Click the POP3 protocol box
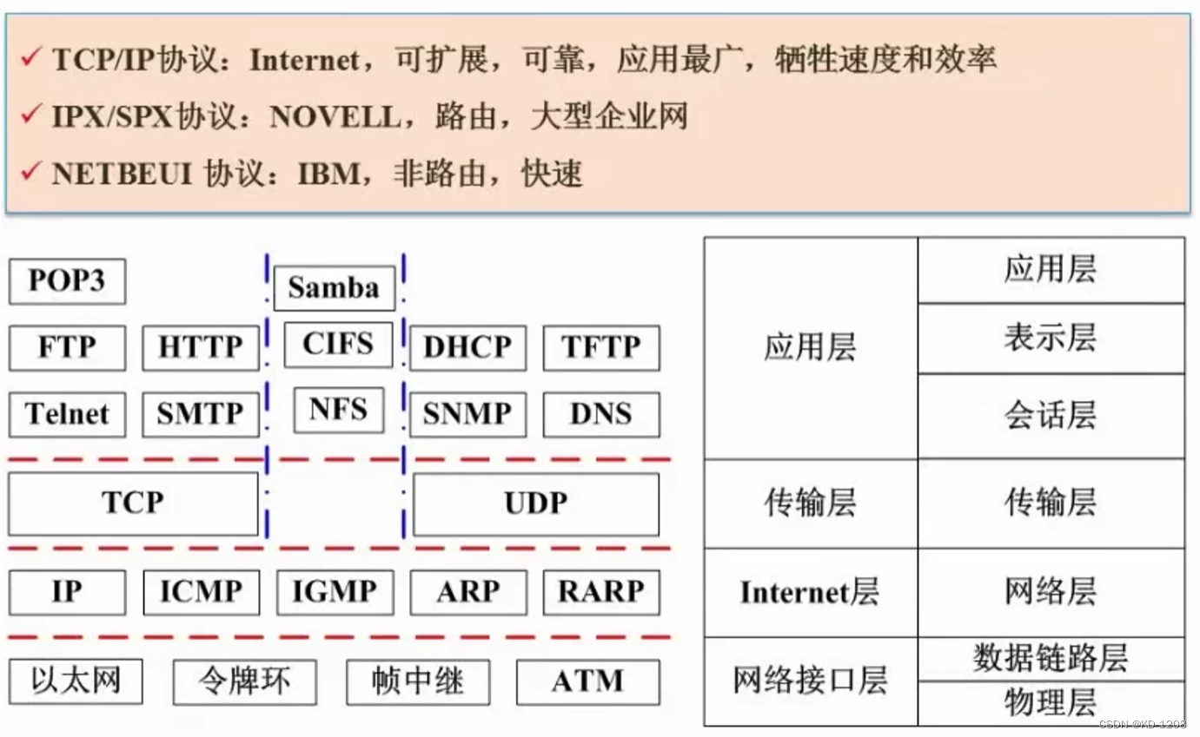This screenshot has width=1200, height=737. [x=67, y=281]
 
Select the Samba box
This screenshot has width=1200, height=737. [x=334, y=288]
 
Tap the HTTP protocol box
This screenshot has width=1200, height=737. [x=200, y=347]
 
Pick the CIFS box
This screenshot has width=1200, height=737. [x=338, y=344]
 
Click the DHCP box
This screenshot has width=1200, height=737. [x=467, y=347]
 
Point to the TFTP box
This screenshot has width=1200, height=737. [x=600, y=347]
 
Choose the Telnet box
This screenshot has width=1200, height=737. [x=67, y=414]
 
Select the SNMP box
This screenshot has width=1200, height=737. [x=467, y=414]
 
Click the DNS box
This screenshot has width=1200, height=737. [x=600, y=414]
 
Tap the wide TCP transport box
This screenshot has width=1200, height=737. [x=133, y=503]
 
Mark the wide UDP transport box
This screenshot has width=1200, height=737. [x=535, y=503]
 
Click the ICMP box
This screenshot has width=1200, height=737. [x=200, y=592]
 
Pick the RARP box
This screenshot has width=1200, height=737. [x=600, y=592]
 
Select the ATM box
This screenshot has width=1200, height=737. [x=587, y=681]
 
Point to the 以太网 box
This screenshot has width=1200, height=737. [x=75, y=681]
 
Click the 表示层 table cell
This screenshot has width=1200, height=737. [x=1050, y=338]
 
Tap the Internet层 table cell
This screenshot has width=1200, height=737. [x=810, y=593]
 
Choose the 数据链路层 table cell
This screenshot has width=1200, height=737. [x=1050, y=658]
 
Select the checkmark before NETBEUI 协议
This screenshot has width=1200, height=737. [x=30, y=171]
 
